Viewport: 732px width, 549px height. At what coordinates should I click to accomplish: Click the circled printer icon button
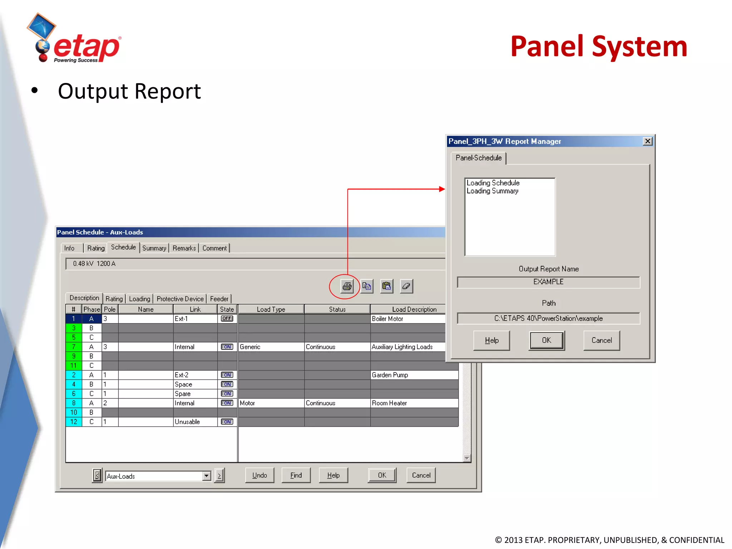click(x=346, y=286)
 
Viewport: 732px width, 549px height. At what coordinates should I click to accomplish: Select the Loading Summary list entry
click(x=492, y=191)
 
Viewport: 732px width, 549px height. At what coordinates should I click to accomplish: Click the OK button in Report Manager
click(x=546, y=340)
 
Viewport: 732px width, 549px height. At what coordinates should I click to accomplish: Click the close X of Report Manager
click(x=647, y=141)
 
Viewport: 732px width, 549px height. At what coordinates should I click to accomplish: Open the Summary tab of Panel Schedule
click(x=154, y=248)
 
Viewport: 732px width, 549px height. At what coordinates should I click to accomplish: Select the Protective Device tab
click(x=180, y=299)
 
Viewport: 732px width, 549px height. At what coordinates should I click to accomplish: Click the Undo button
click(x=259, y=475)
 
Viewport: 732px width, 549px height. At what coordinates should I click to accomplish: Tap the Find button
click(x=296, y=475)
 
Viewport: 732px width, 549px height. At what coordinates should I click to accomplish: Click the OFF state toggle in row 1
click(x=227, y=318)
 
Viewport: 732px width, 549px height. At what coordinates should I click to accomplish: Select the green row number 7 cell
click(x=74, y=347)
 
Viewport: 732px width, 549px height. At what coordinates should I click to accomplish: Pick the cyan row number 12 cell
click(x=74, y=422)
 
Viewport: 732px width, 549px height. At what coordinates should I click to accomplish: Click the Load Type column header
click(x=271, y=309)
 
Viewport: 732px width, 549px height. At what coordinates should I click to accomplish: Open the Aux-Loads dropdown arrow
click(x=206, y=476)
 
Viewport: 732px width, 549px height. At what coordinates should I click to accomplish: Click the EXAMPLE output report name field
click(x=548, y=282)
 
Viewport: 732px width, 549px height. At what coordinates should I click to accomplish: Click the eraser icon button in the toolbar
click(x=406, y=286)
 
